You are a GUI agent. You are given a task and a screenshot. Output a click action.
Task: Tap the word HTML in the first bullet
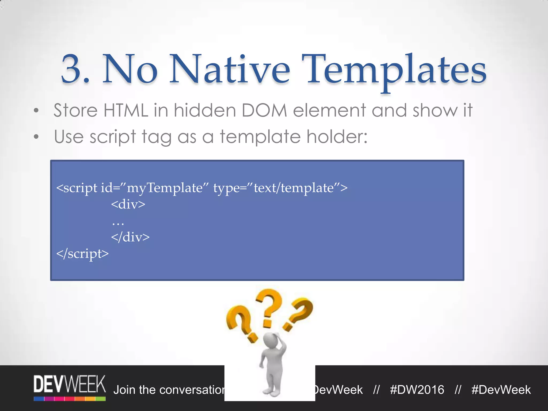coord(126,110)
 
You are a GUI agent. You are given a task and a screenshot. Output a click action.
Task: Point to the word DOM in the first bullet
coord(264,110)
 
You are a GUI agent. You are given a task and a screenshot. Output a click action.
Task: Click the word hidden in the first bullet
coord(205,110)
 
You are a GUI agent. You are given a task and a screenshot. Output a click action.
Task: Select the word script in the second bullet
coord(113,137)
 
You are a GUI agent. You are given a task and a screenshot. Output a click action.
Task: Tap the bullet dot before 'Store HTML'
coord(36,111)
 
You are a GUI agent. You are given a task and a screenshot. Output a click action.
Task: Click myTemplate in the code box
coord(165,188)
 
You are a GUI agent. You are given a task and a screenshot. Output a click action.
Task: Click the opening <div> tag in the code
coord(128,204)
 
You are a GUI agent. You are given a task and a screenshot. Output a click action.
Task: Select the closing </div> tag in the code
coord(130,237)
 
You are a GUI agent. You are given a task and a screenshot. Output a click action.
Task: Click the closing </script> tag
coord(82,253)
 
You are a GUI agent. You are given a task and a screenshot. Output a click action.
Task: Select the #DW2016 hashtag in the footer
coord(417,390)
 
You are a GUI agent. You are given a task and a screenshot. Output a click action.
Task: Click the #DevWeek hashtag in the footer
coord(501,390)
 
